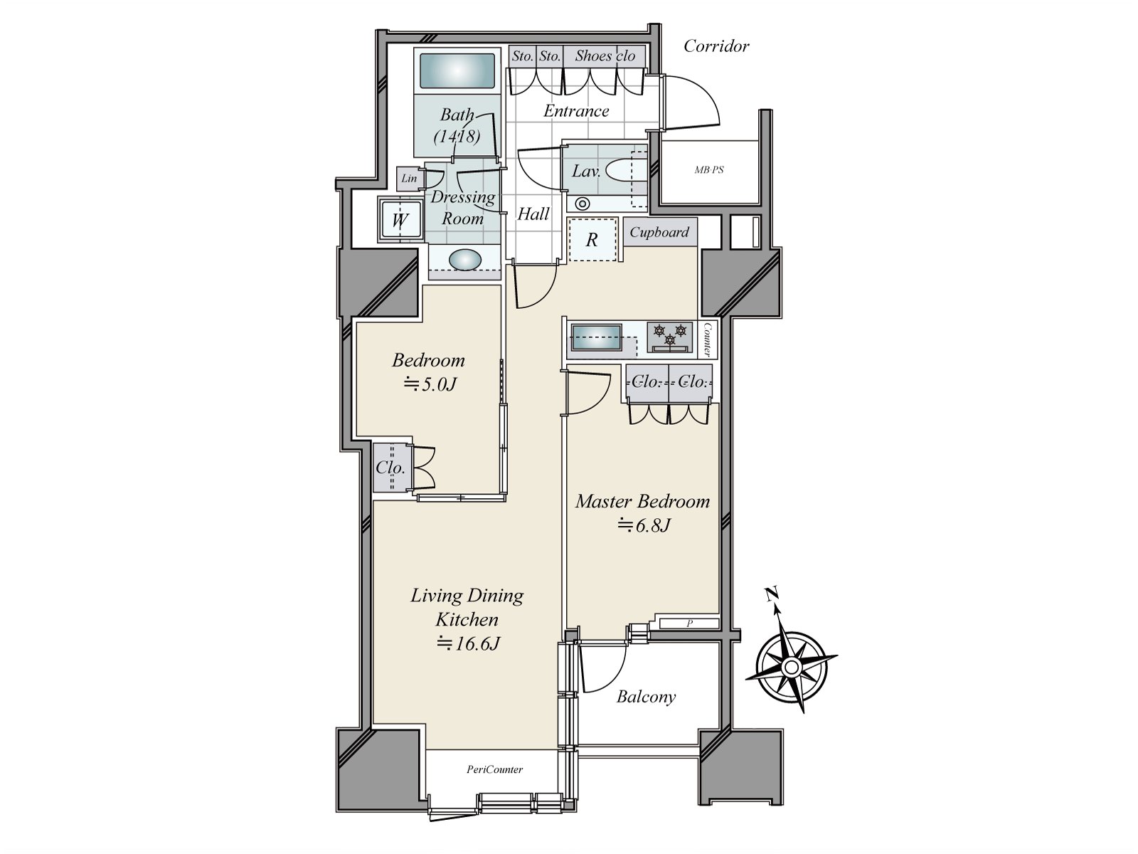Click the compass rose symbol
pos(791,666)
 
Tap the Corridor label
pos(716,47)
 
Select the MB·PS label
pos(708,169)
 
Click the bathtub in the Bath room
pos(457,71)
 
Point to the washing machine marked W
pos(400,220)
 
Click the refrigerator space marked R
pos(592,240)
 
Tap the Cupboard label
pos(659,232)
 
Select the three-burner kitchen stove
pos(669,337)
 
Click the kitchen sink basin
pos(596,337)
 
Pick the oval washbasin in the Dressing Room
pos(465,259)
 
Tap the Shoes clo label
pos(605,56)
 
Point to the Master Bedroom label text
pos(642,501)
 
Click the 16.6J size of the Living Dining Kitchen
pos(467,643)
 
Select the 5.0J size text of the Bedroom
pos(430,384)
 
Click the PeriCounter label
pos(494,769)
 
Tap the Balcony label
pos(646,697)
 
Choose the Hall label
pos(533,213)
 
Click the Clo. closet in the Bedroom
pos(392,467)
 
